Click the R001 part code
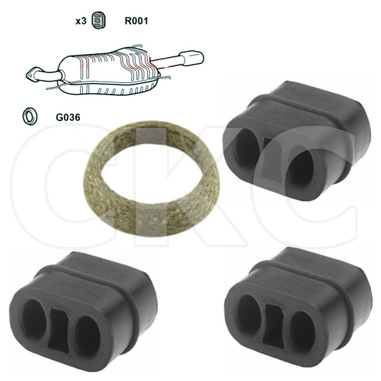click(136, 21)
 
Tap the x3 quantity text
click(81, 21)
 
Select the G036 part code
click(68, 117)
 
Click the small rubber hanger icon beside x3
click(98, 20)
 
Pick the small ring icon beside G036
click(30, 117)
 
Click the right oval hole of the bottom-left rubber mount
click(88, 335)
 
